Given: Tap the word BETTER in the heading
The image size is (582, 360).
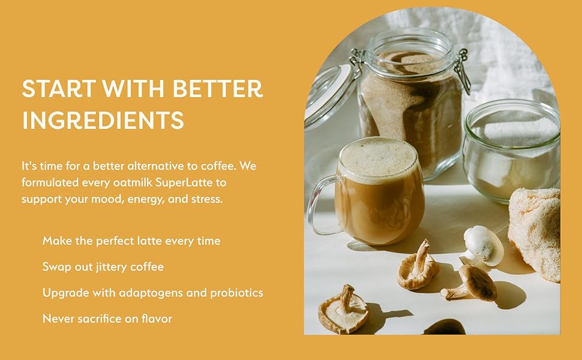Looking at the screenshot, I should [218, 89].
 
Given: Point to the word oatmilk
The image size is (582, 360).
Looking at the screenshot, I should [121, 182].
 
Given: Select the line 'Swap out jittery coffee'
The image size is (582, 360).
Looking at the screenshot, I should [103, 267].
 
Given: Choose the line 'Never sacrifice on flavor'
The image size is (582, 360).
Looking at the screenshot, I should [107, 319].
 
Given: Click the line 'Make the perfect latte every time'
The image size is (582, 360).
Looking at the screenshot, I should [131, 241].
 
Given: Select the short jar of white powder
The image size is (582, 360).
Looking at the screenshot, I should [511, 150].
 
